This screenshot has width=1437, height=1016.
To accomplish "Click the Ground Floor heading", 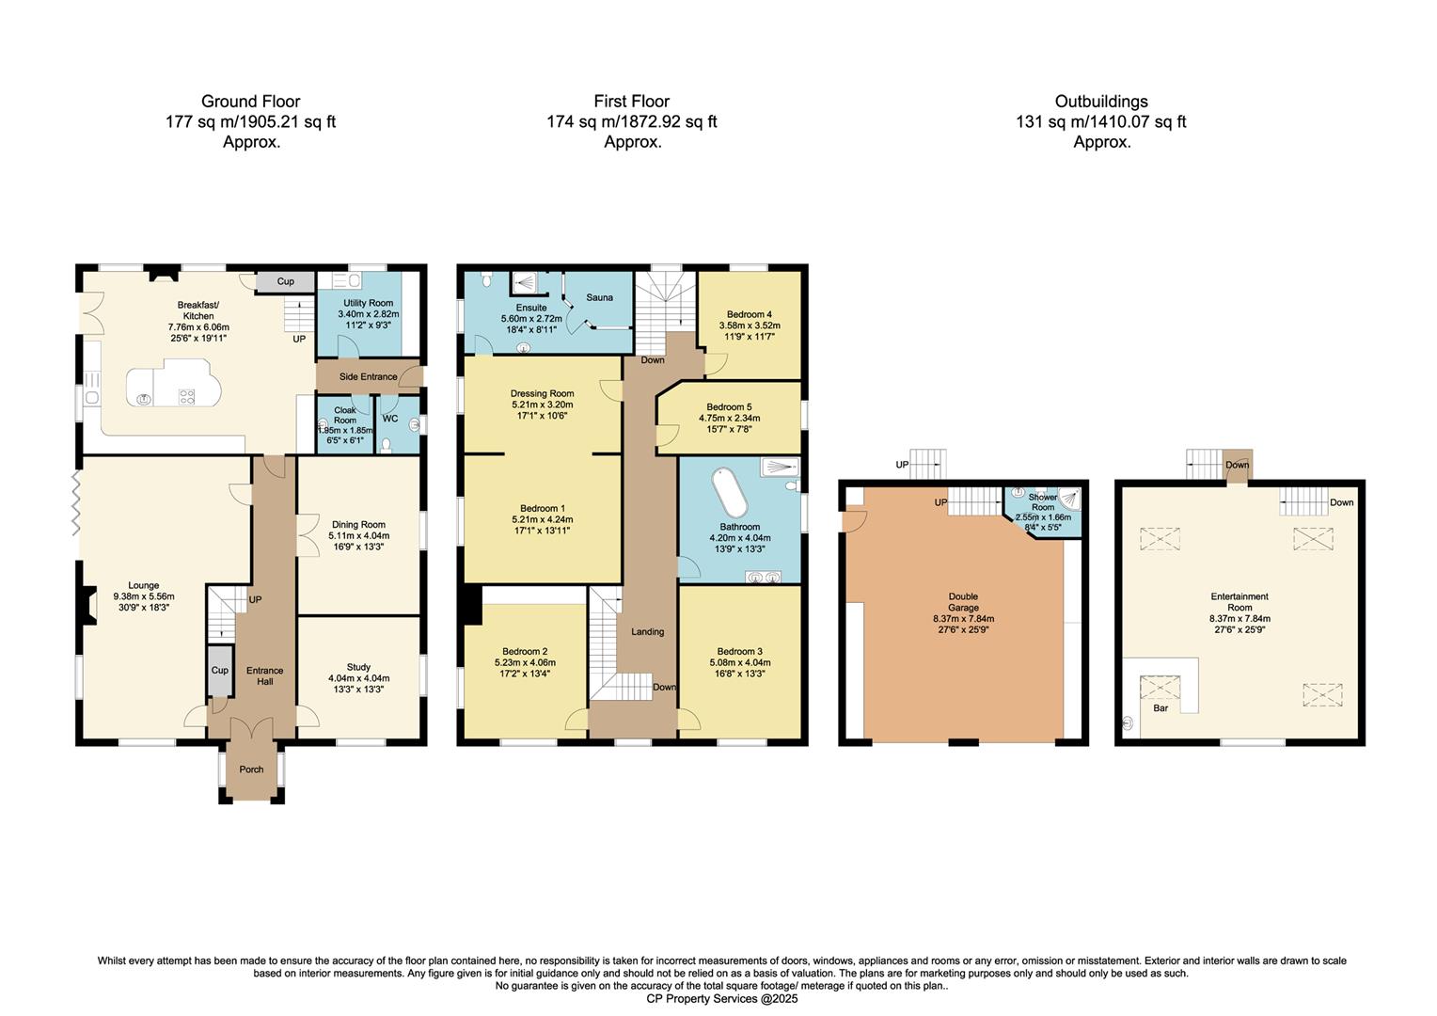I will tap(250, 102).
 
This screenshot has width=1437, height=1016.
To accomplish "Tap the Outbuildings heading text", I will tap(1100, 102).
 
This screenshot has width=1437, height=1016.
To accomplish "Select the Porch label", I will tap(251, 770).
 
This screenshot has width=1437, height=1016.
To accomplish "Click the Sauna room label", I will tap(599, 297).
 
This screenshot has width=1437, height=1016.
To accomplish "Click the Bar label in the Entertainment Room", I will tap(1161, 707).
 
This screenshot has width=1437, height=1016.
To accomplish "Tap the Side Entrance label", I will tap(368, 376).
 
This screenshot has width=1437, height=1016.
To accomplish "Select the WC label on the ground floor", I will tap(390, 419).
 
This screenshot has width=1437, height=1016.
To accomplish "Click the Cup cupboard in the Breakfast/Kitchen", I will tap(285, 281).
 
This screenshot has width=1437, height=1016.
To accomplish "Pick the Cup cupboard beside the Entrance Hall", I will tap(219, 671).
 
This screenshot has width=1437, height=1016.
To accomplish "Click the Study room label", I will tap(358, 667).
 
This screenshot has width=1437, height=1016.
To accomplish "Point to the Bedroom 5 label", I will tap(729, 407).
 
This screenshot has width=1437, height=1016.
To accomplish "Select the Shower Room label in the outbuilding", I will tap(1042, 501).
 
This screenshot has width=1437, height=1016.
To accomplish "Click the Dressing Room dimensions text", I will tap(542, 410).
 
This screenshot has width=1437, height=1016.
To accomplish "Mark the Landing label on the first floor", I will tap(647, 632).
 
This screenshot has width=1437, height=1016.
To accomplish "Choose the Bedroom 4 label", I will tap(749, 314).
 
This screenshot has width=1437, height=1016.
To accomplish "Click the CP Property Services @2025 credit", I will tap(721, 999).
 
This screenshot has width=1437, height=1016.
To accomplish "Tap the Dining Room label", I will tap(358, 525).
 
